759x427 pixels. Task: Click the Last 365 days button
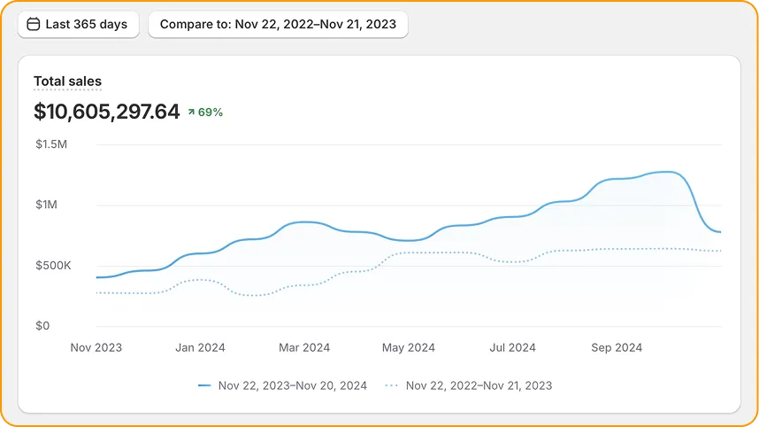point(78,25)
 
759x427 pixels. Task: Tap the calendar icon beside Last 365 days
point(34,25)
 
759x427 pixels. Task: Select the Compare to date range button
point(278,25)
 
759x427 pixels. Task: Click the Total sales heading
point(67,82)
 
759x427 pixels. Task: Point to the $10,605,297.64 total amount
point(106,112)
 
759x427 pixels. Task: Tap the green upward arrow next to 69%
point(190,113)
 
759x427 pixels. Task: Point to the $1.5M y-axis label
point(50,144)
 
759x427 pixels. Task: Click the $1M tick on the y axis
point(48,205)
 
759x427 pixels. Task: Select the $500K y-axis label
point(52,266)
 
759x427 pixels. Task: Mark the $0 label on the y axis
point(42,326)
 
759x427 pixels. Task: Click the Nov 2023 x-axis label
point(96,348)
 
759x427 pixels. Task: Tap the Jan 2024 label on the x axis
point(200,348)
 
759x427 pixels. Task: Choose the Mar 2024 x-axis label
point(304,348)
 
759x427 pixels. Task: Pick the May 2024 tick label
point(409,348)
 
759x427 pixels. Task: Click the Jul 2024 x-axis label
point(512,348)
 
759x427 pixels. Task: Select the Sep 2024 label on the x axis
point(617,348)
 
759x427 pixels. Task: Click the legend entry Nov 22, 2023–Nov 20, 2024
point(283,385)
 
